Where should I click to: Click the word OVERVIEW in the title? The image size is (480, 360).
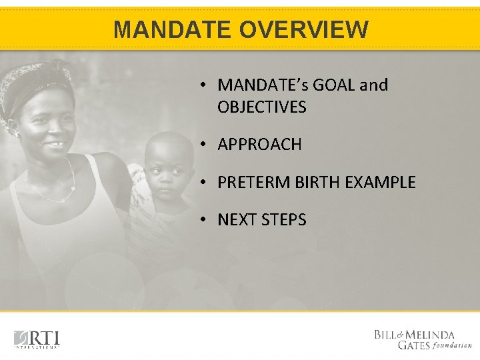(x=303, y=29)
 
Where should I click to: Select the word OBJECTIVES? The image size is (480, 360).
(x=261, y=107)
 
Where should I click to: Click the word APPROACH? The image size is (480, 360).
(x=259, y=145)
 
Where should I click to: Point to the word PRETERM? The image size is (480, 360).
(x=250, y=183)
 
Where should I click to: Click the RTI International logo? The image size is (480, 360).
(x=37, y=339)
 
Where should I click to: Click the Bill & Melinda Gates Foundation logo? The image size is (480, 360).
(x=423, y=339)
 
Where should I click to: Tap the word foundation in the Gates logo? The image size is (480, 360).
(x=453, y=345)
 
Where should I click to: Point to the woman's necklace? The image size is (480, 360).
(x=53, y=190)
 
